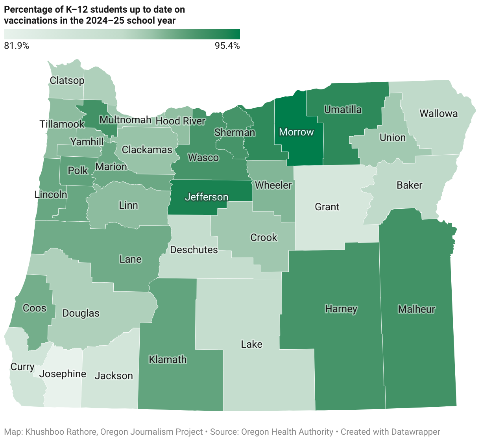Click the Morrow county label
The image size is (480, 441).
tap(296, 132)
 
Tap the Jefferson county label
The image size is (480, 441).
tap(206, 197)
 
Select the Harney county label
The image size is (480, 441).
tap(341, 309)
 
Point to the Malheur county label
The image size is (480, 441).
tap(417, 309)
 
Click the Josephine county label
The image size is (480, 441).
tap(63, 374)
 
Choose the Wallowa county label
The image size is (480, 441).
tap(439, 114)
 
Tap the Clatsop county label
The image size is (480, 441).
tap(67, 80)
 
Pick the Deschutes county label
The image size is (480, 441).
tap(194, 250)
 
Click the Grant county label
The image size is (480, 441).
tap(327, 207)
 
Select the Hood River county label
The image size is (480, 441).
tap(181, 121)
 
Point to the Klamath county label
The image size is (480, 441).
tap(168, 359)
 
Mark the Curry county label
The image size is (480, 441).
tap(22, 367)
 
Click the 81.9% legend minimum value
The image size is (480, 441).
tap(17, 46)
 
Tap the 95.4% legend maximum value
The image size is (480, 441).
tap(227, 46)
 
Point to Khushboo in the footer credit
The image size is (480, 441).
tap(42, 432)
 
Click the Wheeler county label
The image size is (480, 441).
tap(273, 185)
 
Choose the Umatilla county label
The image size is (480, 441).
tap(343, 109)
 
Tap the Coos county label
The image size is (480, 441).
tap(35, 308)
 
